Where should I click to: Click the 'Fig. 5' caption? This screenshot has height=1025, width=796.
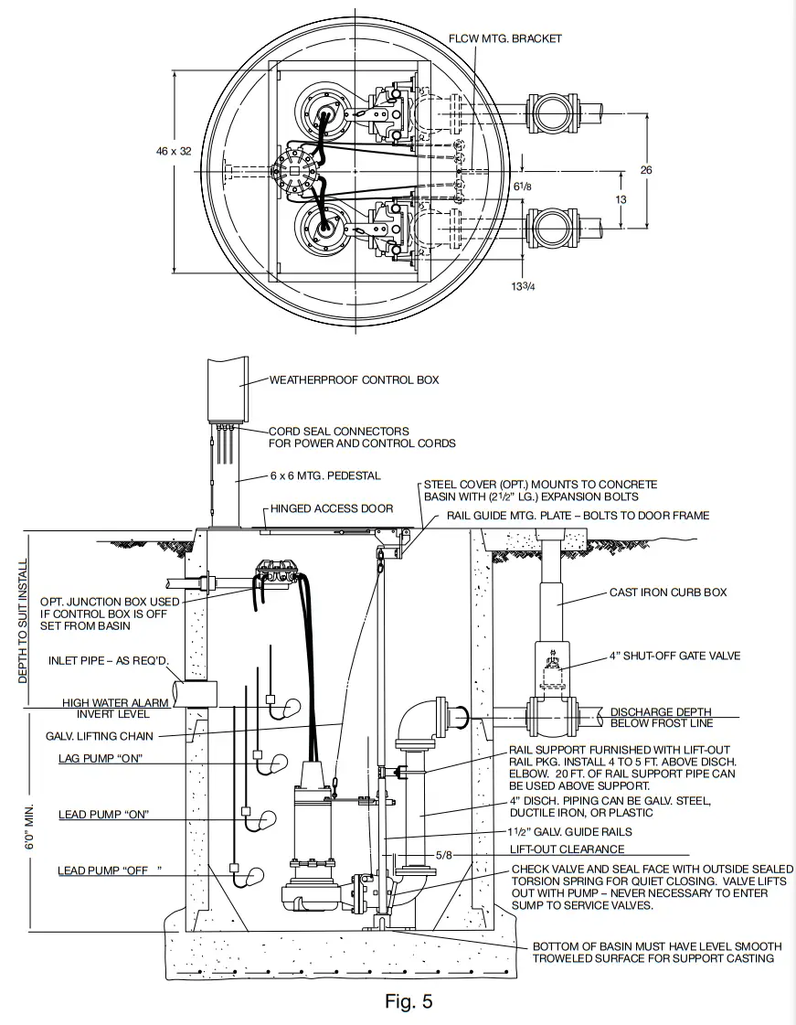point(409,1001)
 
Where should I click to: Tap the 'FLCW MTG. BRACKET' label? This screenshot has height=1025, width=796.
point(505,38)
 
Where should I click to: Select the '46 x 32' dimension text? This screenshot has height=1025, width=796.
point(173,151)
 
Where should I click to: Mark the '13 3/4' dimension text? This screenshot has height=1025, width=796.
point(525,285)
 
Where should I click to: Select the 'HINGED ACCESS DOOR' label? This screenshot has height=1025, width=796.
point(332,508)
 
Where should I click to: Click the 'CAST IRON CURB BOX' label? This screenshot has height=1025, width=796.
point(668,593)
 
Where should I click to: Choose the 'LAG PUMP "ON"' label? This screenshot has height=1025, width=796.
point(101,759)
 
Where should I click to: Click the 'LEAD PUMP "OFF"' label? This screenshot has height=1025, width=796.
point(102,870)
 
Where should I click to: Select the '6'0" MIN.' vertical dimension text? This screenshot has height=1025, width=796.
point(29,828)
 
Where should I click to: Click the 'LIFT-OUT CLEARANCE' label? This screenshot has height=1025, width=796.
point(568,849)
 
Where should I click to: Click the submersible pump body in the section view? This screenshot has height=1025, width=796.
point(313,823)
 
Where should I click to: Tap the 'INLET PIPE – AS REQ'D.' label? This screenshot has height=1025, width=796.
point(104,660)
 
